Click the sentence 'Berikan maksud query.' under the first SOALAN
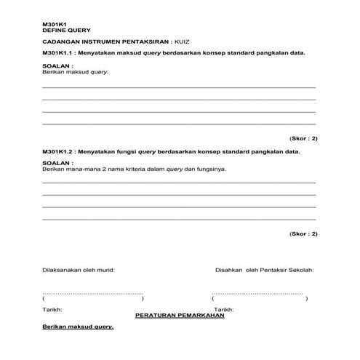[71, 72]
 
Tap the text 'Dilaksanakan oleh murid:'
[79, 270]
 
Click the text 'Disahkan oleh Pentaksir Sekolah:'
[264, 270]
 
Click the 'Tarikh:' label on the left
[53, 310]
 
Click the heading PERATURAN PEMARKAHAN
[180, 316]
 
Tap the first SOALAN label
[58, 66]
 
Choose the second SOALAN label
[58, 163]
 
